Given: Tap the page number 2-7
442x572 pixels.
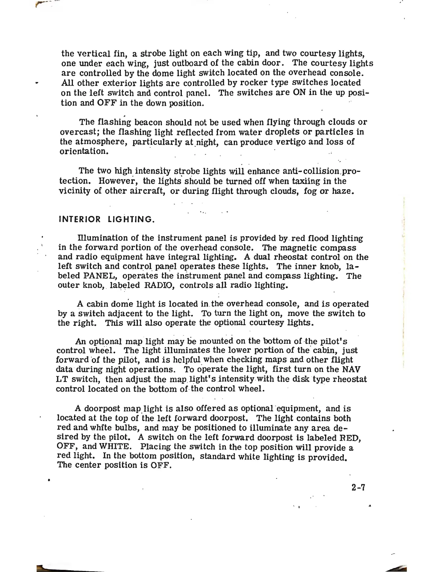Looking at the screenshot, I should [358, 487].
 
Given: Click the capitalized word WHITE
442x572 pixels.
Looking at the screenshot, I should [114, 447].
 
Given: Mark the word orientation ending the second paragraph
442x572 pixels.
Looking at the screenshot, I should [83, 151].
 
